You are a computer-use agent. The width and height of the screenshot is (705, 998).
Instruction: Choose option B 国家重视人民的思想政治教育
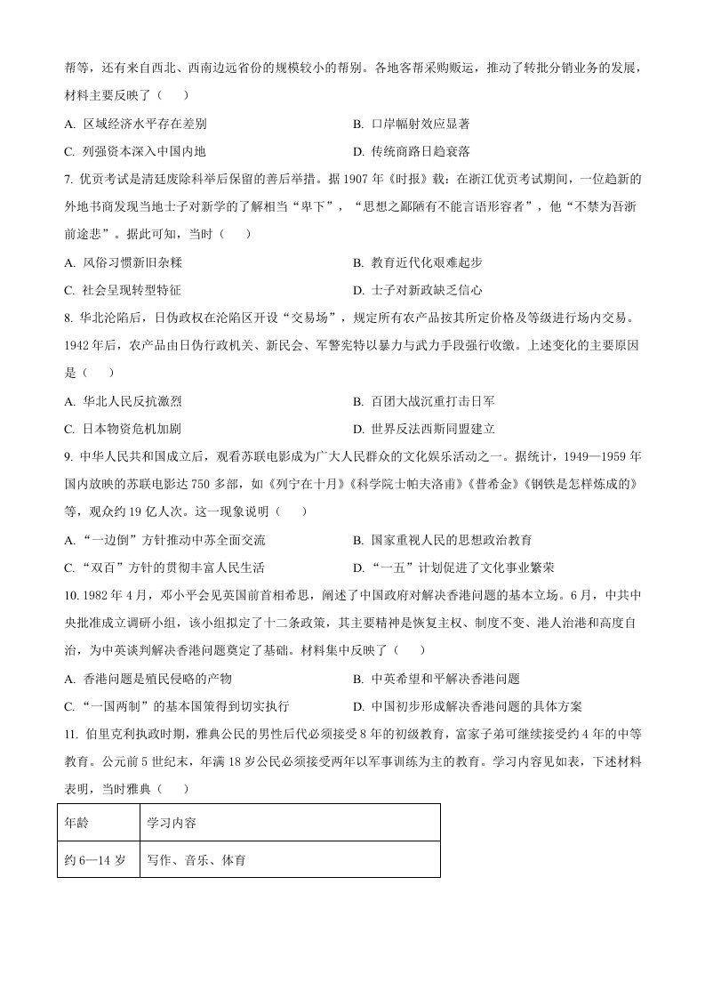pos(442,540)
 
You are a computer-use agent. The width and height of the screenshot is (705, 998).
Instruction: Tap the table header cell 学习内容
pos(172,823)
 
